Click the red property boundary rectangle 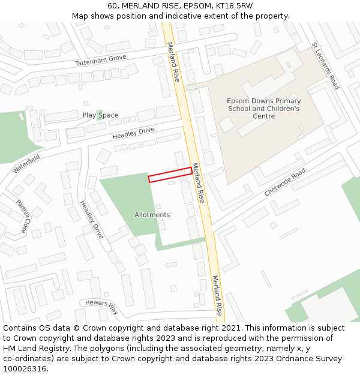[170, 175]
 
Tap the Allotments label [152, 215]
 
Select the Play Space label [100, 115]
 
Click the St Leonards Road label [325, 66]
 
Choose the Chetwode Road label [285, 182]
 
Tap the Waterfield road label [26, 164]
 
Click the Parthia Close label [22, 217]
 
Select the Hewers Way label [101, 307]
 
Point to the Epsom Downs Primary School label [264, 109]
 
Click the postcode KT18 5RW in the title [232, 6]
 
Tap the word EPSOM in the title [184, 6]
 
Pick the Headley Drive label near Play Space [133, 133]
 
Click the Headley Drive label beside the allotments [92, 219]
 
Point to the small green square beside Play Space [99, 114]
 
